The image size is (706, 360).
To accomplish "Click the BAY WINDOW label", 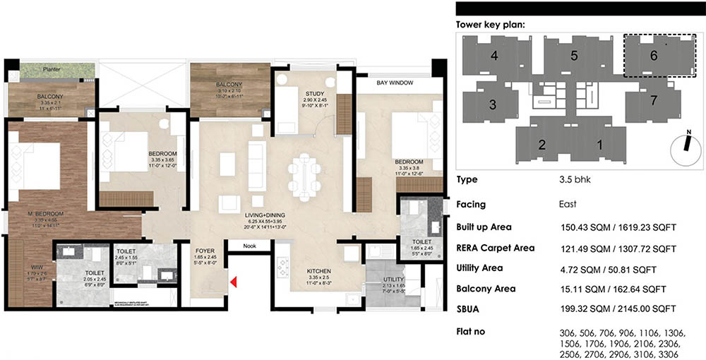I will coord(395,83).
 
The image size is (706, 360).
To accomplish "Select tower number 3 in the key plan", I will coord(493,104).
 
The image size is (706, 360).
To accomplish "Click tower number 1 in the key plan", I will coord(599,146).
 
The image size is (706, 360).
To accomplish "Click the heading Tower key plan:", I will coord(490,25).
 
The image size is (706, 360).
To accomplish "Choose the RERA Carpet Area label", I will coord(495,248).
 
